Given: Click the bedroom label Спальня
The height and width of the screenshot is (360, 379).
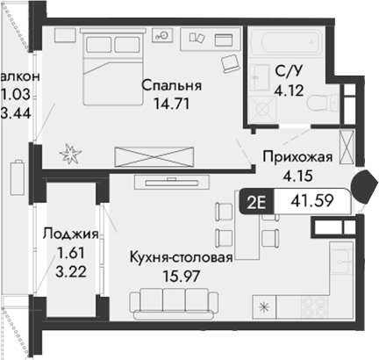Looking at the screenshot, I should tap(172, 86).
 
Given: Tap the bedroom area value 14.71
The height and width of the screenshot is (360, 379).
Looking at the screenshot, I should tap(172, 104).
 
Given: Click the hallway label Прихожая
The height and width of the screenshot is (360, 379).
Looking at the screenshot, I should tap(298, 158).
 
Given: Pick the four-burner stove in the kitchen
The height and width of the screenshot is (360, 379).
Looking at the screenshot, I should tap(314, 308).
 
